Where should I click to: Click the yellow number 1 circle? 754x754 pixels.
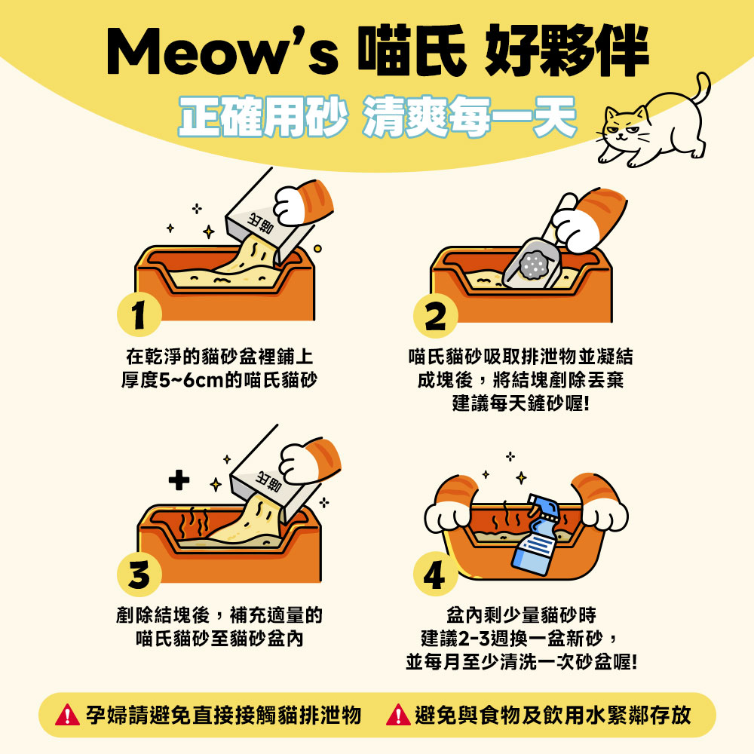[139, 314]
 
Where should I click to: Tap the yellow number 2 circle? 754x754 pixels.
[435, 315]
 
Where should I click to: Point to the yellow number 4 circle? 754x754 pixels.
[435, 574]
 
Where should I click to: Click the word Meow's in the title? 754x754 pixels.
[222, 51]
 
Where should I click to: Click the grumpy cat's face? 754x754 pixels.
[624, 127]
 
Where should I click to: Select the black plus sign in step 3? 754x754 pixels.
[179, 480]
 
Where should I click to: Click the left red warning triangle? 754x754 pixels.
[67, 715]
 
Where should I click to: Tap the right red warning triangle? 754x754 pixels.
[398, 715]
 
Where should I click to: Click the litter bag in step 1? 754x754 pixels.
[269, 217]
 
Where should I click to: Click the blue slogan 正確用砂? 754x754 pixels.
[262, 116]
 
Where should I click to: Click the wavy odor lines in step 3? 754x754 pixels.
[194, 523]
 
